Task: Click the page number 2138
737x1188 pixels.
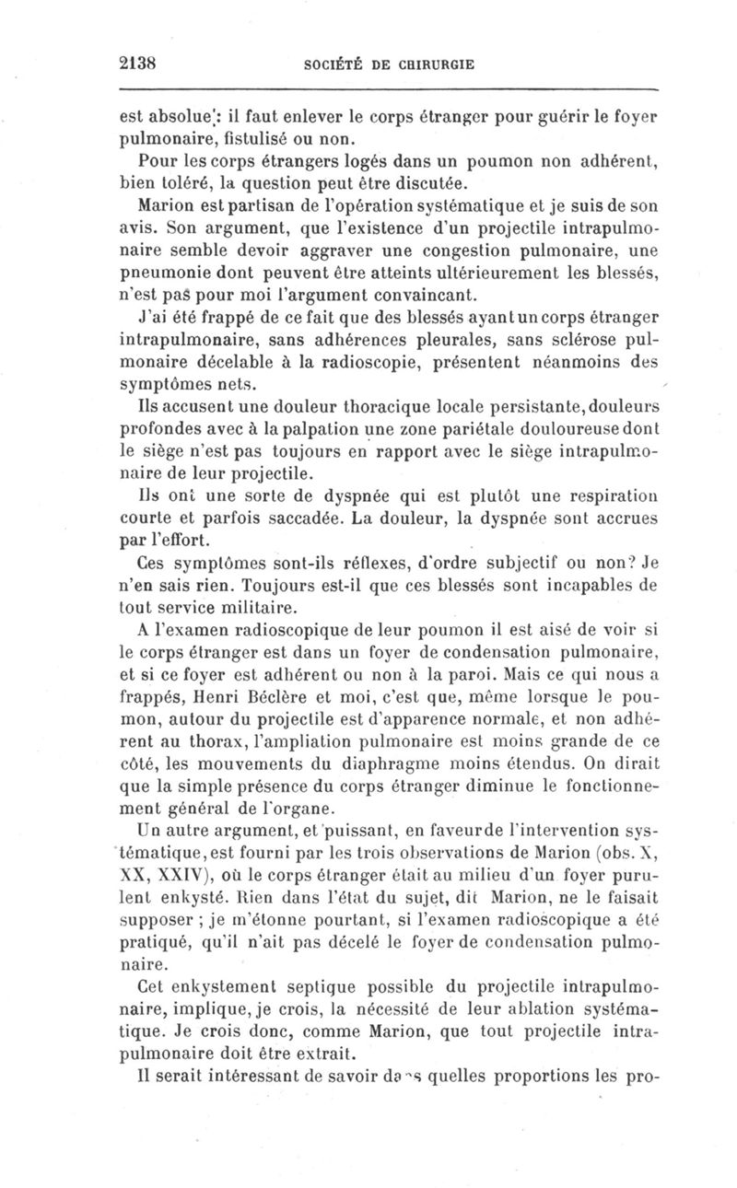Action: (x=140, y=64)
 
